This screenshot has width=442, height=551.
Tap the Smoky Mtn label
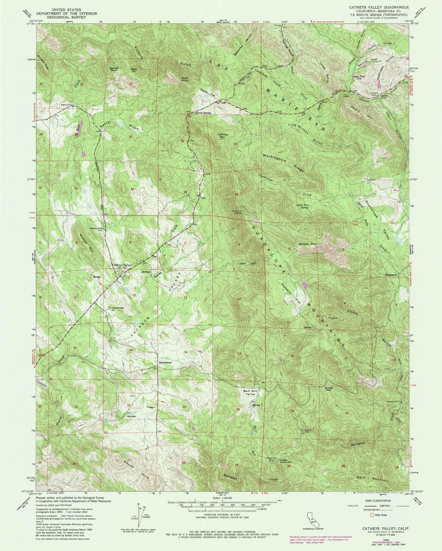(x=307, y=244)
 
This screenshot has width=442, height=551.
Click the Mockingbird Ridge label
(x=283, y=162)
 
